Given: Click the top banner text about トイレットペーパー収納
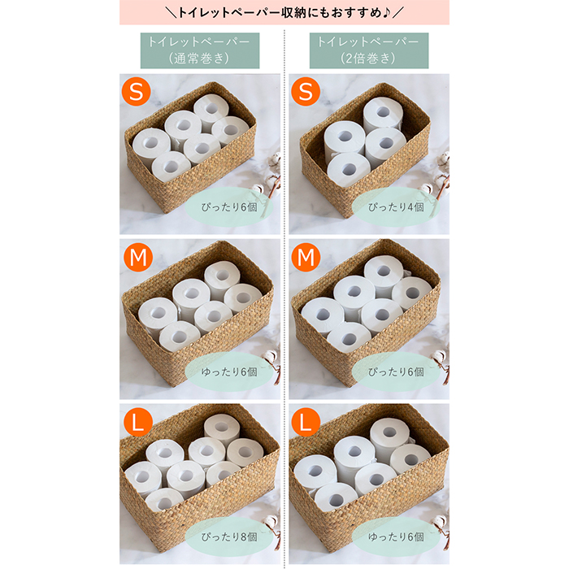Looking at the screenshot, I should click(x=284, y=13).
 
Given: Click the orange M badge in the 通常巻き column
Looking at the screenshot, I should click(x=137, y=259).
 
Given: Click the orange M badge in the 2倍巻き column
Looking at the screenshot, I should click(x=305, y=259).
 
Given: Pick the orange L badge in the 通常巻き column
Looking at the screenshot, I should click(x=137, y=423).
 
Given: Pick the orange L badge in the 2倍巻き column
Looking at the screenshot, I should click(x=305, y=423).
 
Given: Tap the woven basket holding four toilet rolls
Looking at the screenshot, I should click(x=366, y=154).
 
